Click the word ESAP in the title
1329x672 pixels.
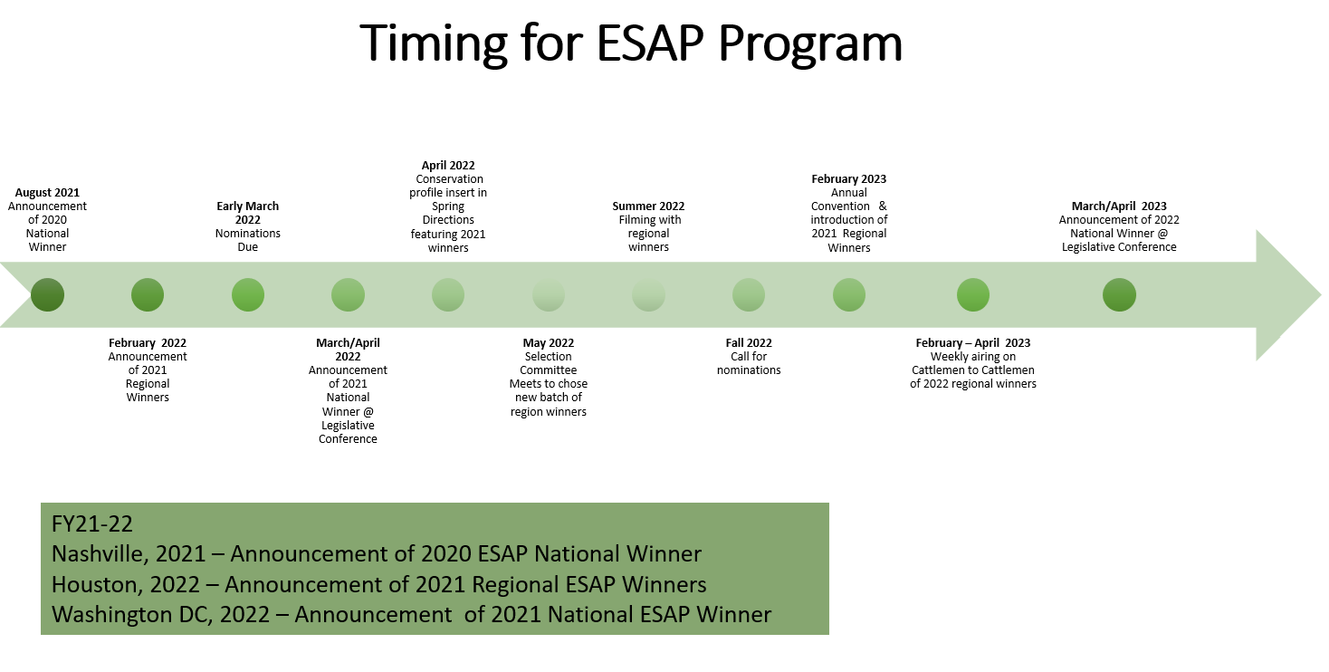click(x=650, y=43)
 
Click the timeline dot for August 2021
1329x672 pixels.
click(x=47, y=294)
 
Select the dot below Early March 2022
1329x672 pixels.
click(x=248, y=294)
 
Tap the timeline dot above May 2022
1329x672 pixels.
click(x=549, y=294)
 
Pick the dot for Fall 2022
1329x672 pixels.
click(x=749, y=294)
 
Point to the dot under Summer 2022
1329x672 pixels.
click(x=648, y=294)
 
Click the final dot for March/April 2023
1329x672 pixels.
click(x=1119, y=294)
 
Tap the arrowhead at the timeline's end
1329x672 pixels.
click(x=1320, y=295)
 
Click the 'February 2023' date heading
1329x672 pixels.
click(x=849, y=178)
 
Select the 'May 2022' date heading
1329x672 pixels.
click(x=549, y=342)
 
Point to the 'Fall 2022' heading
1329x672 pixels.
click(x=749, y=342)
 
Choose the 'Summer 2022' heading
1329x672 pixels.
click(x=648, y=206)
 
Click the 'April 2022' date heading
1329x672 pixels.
click(x=448, y=165)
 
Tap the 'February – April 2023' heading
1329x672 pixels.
click(x=973, y=342)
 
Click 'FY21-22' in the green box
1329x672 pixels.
click(x=92, y=523)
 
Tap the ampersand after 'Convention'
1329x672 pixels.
click(x=883, y=206)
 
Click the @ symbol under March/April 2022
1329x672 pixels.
click(x=368, y=411)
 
